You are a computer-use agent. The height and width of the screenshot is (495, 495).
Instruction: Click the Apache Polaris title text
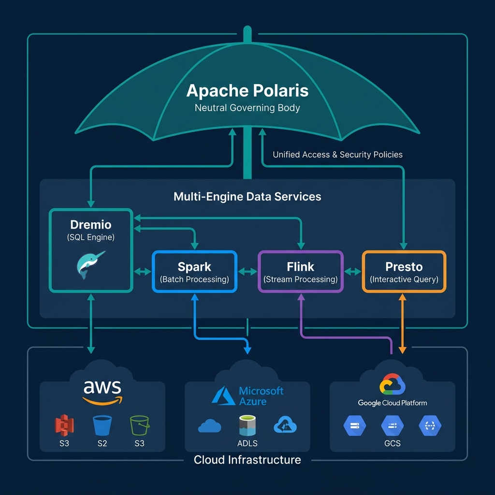247,90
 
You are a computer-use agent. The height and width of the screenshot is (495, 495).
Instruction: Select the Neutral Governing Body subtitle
247,108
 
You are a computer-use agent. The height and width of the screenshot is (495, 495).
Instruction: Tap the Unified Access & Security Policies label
337,155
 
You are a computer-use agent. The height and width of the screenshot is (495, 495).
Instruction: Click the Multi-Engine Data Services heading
247,197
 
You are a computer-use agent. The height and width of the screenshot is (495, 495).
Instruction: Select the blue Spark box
194,272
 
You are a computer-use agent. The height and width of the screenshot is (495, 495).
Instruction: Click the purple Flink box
300,272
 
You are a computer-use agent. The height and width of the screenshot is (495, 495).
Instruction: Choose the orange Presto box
404,272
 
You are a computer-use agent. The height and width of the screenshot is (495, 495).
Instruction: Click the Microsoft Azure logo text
261,396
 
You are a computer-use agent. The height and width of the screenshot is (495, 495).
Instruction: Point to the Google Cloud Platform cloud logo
392,385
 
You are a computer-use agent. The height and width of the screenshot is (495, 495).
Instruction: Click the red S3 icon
64,425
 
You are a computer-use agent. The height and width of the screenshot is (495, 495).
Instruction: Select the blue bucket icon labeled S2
102,425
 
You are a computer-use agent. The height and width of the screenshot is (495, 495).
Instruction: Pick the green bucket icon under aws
139,425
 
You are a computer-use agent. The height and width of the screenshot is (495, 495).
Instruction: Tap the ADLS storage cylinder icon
247,425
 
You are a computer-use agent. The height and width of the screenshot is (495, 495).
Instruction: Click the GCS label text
392,443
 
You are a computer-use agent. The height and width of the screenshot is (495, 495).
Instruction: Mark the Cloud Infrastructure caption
247,460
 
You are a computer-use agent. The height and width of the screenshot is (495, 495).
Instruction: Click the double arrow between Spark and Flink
247,272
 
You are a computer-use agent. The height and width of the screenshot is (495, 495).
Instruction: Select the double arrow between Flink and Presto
353,272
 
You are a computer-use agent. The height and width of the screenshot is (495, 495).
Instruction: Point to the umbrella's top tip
247,30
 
